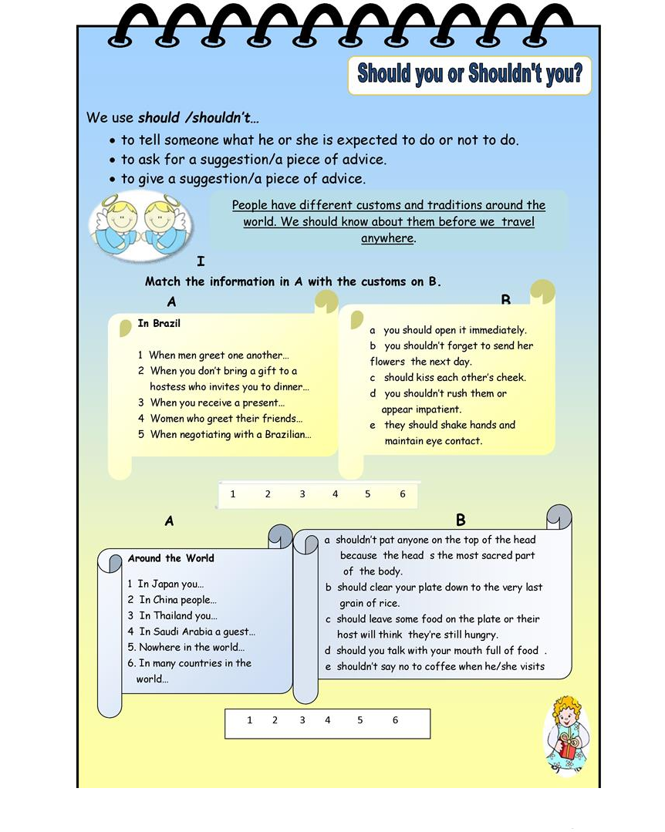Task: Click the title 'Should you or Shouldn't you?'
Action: click(469, 75)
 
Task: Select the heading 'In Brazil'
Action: click(159, 324)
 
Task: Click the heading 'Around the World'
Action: click(171, 558)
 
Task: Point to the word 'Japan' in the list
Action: click(166, 584)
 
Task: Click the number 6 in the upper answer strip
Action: click(402, 494)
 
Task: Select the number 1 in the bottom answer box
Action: click(249, 720)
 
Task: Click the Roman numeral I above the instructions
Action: click(201, 261)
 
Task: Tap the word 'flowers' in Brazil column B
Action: click(387, 362)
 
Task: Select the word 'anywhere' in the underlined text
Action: click(387, 238)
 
